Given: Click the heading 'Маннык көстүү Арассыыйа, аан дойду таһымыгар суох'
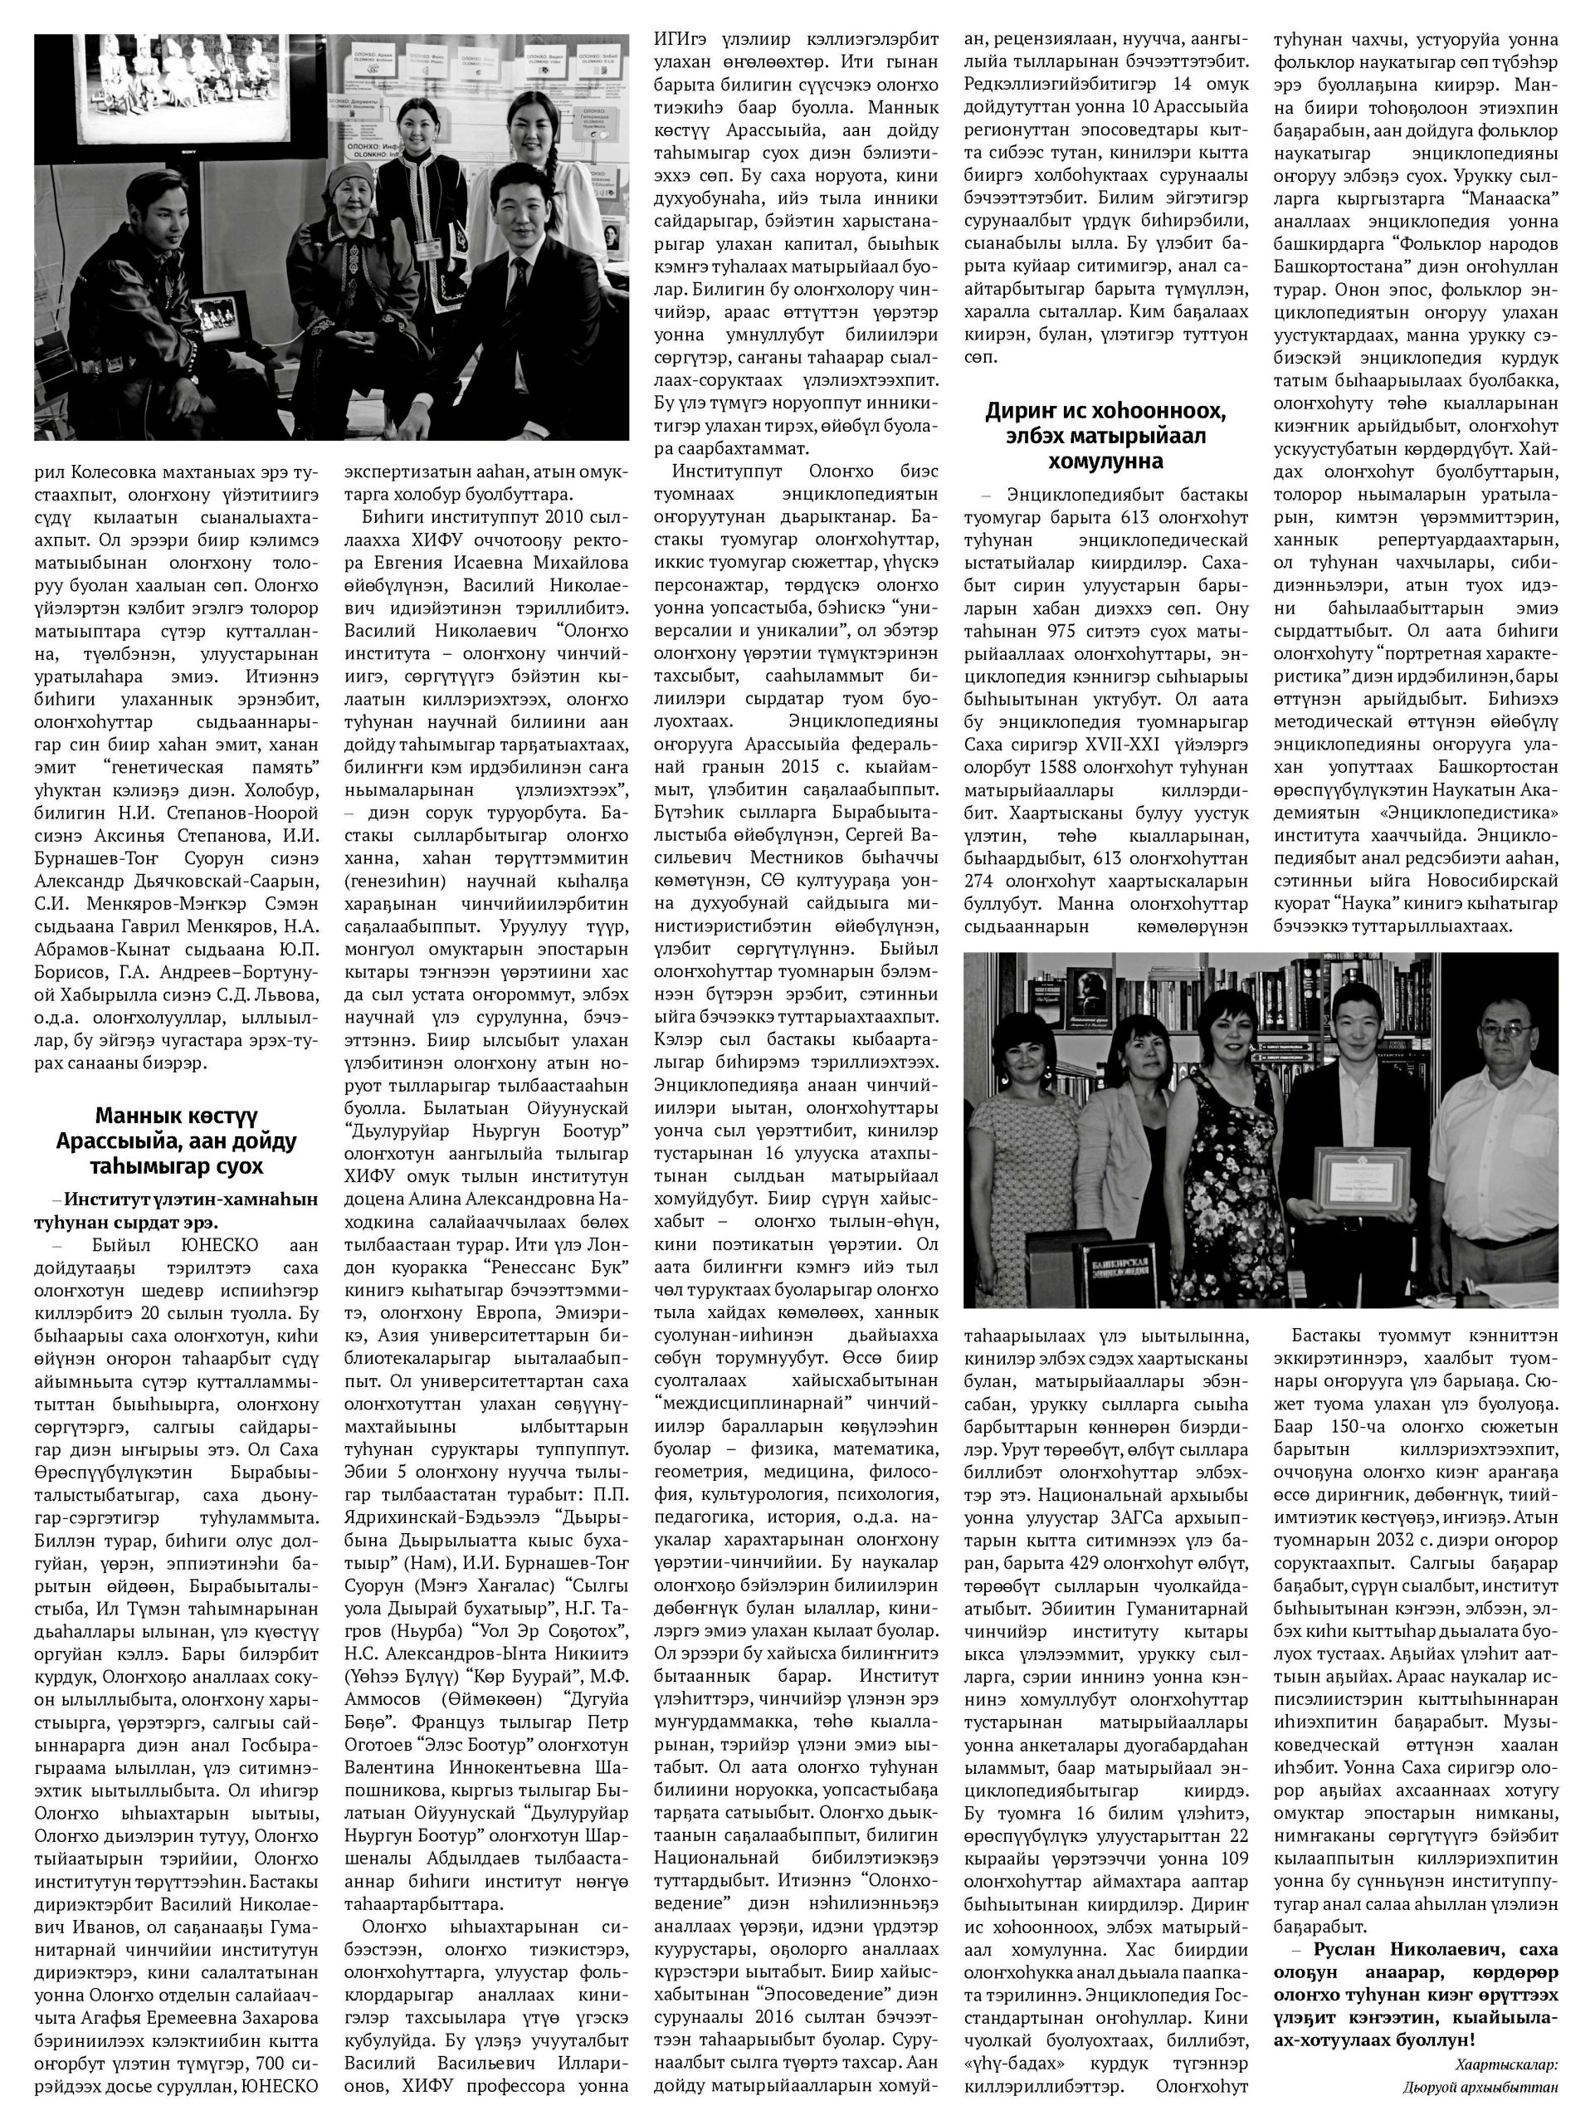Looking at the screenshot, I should tap(176, 1141).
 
